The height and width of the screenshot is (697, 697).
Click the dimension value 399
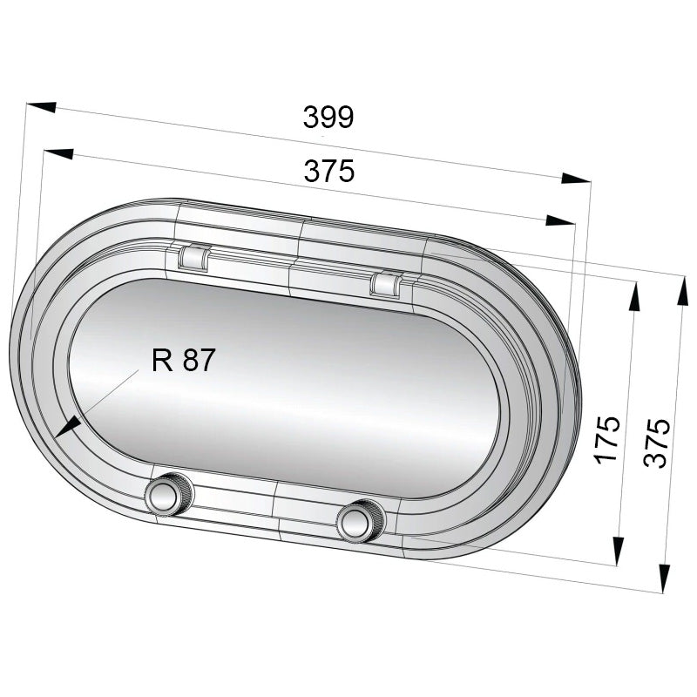tap(328, 117)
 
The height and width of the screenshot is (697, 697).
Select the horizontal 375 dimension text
tap(329, 172)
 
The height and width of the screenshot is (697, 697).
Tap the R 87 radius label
tap(182, 360)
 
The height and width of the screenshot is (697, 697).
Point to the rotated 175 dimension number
tap(607, 438)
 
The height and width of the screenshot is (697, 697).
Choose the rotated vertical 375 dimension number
tap(659, 443)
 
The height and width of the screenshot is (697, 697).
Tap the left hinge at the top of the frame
tap(193, 256)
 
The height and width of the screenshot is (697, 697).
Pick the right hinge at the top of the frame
tap(386, 283)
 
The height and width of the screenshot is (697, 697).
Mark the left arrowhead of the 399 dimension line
tap(40, 106)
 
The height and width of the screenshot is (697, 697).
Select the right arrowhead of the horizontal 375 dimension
tap(558, 221)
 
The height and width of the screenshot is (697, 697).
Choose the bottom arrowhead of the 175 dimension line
tap(618, 550)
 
